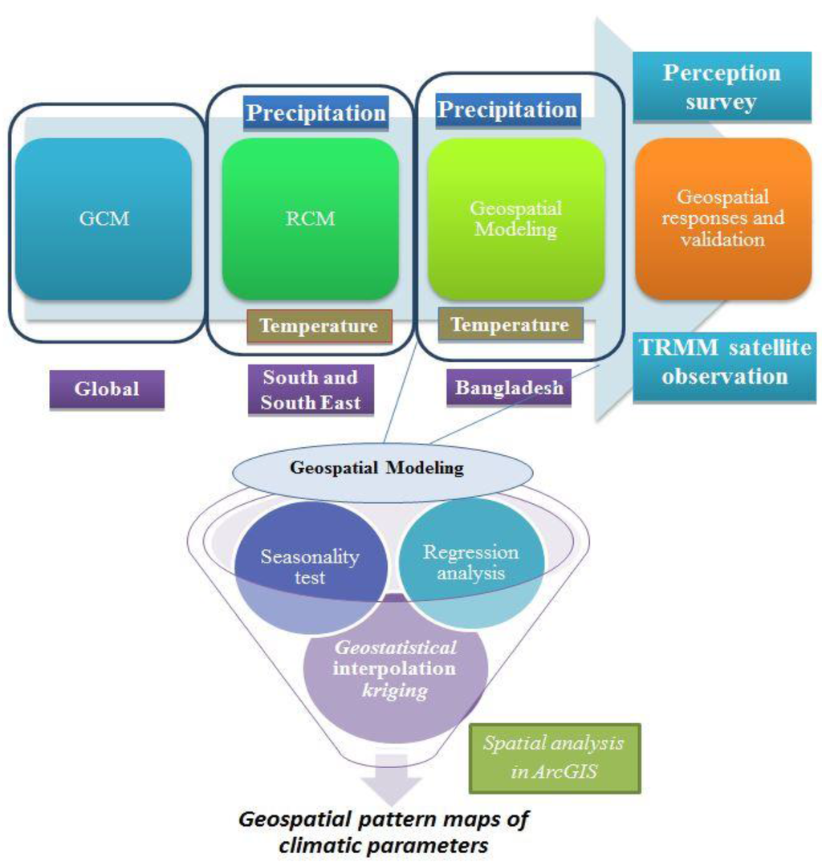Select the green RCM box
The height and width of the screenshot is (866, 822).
click(x=310, y=218)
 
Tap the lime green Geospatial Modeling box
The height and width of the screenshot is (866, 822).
click(x=515, y=218)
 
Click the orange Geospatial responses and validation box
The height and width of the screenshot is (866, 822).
click(x=722, y=218)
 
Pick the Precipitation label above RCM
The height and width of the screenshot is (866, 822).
click(x=315, y=113)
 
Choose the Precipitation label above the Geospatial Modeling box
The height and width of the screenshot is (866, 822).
click(x=507, y=110)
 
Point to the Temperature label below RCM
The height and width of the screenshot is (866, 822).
click(x=319, y=327)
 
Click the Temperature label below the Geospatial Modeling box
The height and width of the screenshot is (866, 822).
click(x=510, y=325)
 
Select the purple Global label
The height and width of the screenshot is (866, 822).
click(x=107, y=389)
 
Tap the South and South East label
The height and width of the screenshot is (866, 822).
click(x=310, y=390)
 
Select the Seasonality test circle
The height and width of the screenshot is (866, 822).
click(x=310, y=567)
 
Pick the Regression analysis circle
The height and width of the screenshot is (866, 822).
click(x=471, y=562)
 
